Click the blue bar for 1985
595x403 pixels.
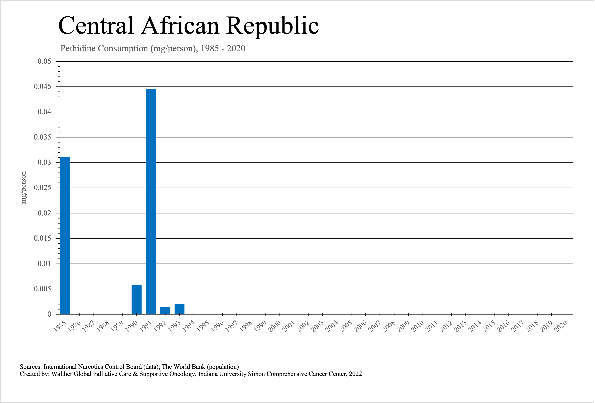[x=65, y=235]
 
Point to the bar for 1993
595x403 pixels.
[x=179, y=309]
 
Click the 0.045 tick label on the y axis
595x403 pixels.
[x=43, y=87]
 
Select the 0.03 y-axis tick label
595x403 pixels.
[x=44, y=162]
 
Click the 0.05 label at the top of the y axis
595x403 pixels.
[x=44, y=61]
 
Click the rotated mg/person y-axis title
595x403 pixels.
[x=24, y=187]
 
